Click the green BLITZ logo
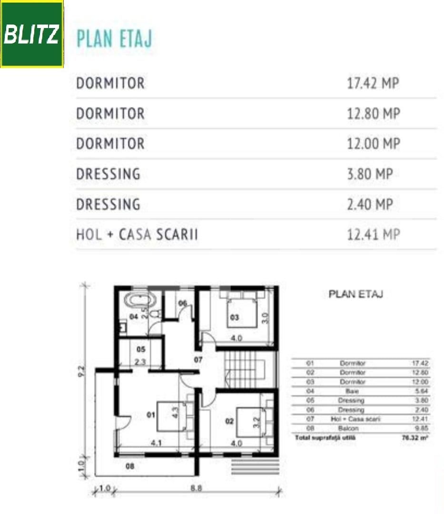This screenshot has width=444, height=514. (x=32, y=34)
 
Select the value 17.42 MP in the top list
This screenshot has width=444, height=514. (x=373, y=83)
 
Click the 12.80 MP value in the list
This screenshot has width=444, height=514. (x=373, y=114)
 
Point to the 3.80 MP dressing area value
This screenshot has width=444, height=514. (x=370, y=174)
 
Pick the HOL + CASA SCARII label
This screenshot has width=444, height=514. (x=137, y=234)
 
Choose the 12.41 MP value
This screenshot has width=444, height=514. (x=373, y=234)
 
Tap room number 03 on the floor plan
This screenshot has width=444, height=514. (x=234, y=317)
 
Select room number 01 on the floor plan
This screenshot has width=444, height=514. (x=151, y=415)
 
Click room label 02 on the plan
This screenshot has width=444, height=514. (x=229, y=421)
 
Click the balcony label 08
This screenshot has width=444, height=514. (x=129, y=466)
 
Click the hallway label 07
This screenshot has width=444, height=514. (x=198, y=359)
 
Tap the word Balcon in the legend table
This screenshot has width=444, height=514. (x=352, y=428)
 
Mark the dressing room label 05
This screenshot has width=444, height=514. (x=140, y=349)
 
